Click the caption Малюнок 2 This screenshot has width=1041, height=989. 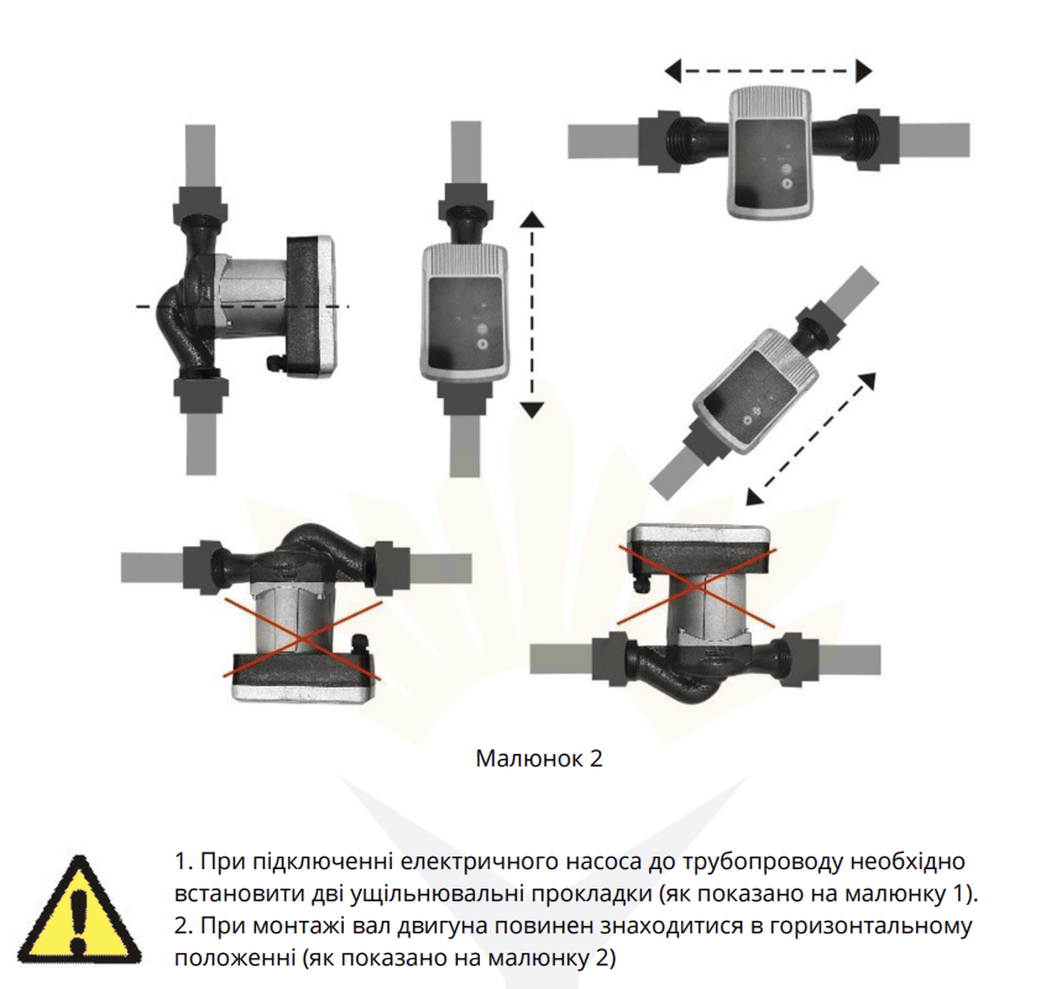539,758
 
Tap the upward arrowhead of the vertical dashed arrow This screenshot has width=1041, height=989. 531,220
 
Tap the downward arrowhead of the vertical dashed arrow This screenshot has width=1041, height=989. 531,410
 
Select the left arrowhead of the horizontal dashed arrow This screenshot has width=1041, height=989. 673,71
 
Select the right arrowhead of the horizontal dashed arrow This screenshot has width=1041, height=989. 864,71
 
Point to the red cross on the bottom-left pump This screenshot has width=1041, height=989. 301,639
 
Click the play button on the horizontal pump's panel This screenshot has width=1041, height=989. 787,184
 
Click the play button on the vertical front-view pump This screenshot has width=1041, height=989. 482,344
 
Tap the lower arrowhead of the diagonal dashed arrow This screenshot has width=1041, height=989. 755,497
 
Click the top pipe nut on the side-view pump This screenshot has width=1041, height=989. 201,205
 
